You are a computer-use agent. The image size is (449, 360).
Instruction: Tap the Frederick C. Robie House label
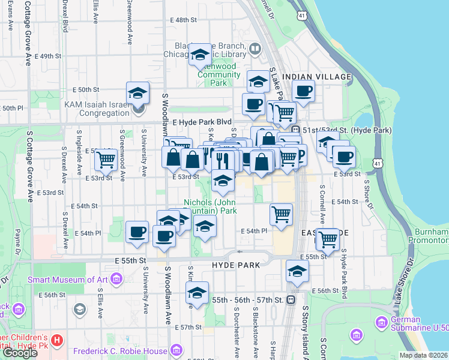click(121, 350)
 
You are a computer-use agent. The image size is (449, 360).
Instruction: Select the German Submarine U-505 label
click(419, 324)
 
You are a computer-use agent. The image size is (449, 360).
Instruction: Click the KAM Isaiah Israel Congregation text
click(98, 108)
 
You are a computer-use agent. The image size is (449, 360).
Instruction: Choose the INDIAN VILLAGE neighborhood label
click(316, 77)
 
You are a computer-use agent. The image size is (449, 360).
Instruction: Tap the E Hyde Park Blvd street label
click(202, 121)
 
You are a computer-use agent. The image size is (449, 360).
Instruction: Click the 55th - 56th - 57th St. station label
click(247, 299)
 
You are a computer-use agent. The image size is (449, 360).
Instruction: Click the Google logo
click(20, 353)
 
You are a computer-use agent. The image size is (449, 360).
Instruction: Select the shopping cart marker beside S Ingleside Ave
click(106, 159)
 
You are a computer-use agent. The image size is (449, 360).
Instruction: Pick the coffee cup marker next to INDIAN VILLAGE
click(303, 92)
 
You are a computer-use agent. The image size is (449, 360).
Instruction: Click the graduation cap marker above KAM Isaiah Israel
click(137, 93)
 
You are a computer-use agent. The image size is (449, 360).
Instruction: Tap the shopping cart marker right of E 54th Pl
click(281, 214)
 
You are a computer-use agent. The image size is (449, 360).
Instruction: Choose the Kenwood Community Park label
click(218, 74)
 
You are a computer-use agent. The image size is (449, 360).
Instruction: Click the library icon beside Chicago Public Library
click(255, 48)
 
